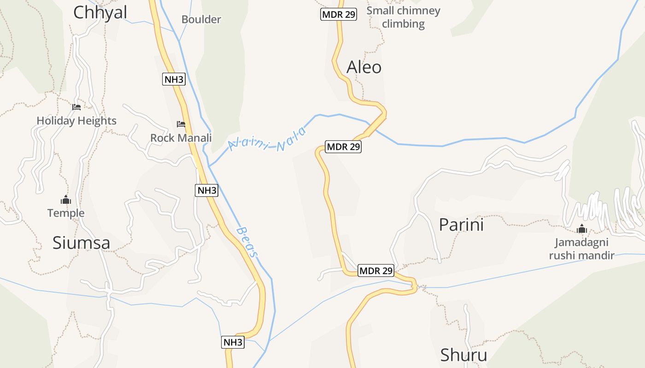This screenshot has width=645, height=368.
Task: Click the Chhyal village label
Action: pyautogui.click(x=100, y=12)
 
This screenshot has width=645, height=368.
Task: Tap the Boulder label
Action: pyautogui.click(x=201, y=19)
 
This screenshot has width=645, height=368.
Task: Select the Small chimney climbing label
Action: pyautogui.click(x=403, y=17)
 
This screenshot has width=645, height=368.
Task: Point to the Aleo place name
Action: pyautogui.click(x=364, y=67)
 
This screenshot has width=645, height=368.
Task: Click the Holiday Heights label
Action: pyautogui.click(x=76, y=121)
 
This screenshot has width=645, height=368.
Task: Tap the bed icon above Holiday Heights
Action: pyautogui.click(x=76, y=107)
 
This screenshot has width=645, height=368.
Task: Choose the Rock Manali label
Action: pyautogui.click(x=181, y=138)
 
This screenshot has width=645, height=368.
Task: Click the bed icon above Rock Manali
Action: pyautogui.click(x=181, y=124)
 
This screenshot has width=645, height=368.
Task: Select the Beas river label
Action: pyautogui.click(x=247, y=241)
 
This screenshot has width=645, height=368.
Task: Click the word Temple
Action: pyautogui.click(x=66, y=213)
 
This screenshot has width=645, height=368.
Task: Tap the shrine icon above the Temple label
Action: pyautogui.click(x=66, y=200)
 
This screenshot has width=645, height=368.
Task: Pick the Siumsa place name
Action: pyautogui.click(x=81, y=242)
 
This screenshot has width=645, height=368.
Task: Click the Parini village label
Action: pyautogui.click(x=461, y=225)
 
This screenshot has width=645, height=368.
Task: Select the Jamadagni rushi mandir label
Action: pyautogui.click(x=581, y=249)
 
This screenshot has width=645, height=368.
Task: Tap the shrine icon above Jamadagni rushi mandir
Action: pyautogui.click(x=582, y=229)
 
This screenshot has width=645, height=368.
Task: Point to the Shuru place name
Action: pyautogui.click(x=463, y=355)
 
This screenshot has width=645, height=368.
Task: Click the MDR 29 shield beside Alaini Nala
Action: pyautogui.click(x=343, y=147)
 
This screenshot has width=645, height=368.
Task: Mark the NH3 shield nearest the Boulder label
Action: pyautogui.click(x=174, y=80)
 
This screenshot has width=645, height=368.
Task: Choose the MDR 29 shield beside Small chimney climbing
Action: pyautogui.click(x=339, y=14)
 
